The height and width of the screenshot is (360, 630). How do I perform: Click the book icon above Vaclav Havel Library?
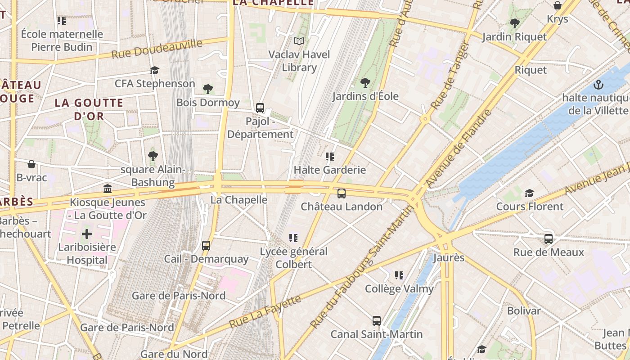click(299, 41)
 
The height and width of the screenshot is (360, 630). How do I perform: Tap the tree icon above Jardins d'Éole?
click(365, 83)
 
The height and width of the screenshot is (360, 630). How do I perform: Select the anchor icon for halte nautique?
click(598, 84)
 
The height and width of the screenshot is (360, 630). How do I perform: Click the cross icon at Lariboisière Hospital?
click(87, 234)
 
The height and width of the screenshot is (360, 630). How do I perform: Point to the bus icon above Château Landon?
click(342, 193)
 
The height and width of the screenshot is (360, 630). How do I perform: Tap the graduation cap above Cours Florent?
click(529, 193)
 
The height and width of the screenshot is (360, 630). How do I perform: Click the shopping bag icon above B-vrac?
click(31, 164)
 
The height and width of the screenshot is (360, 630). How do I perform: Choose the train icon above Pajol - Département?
click(260, 108)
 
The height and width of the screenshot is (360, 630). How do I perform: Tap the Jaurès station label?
click(448, 258)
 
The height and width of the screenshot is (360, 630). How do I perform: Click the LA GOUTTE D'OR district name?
click(89, 109)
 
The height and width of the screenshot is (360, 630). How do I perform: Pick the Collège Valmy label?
click(399, 289)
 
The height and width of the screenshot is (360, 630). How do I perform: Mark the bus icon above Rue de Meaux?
click(549, 239)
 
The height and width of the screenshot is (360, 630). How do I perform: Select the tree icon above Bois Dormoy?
click(207, 89)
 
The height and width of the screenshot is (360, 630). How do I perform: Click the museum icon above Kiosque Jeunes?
click(108, 189)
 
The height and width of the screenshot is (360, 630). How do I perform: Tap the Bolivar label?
click(524, 310)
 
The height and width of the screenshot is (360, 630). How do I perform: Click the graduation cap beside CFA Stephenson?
click(155, 71)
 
